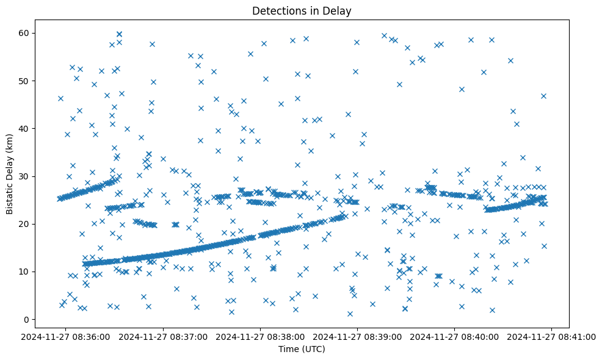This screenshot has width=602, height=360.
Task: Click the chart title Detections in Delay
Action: tap(302, 11)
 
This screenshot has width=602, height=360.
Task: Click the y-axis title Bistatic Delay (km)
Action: tap(10, 166)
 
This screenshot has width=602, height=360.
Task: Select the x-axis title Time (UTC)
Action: tap(302, 349)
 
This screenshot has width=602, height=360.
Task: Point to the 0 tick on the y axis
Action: tap(27, 319)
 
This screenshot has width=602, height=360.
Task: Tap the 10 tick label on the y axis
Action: tap(24, 272)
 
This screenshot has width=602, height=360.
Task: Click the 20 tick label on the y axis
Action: tap(24, 224)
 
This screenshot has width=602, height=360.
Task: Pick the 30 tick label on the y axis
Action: tap(24, 176)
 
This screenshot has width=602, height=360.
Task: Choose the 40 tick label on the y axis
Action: tap(24, 128)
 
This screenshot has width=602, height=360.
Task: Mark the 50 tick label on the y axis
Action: tap(24, 81)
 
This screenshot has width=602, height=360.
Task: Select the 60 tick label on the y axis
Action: tap(24, 33)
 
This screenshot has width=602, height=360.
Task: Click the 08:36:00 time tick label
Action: tap(67, 336)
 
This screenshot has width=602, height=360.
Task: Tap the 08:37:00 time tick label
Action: tap(164, 336)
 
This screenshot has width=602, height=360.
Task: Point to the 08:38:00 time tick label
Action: tap(261, 336)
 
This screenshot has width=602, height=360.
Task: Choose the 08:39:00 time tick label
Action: tap(358, 336)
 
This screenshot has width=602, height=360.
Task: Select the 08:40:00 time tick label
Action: tap(455, 336)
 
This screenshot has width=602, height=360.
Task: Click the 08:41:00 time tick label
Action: tap(552, 336)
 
